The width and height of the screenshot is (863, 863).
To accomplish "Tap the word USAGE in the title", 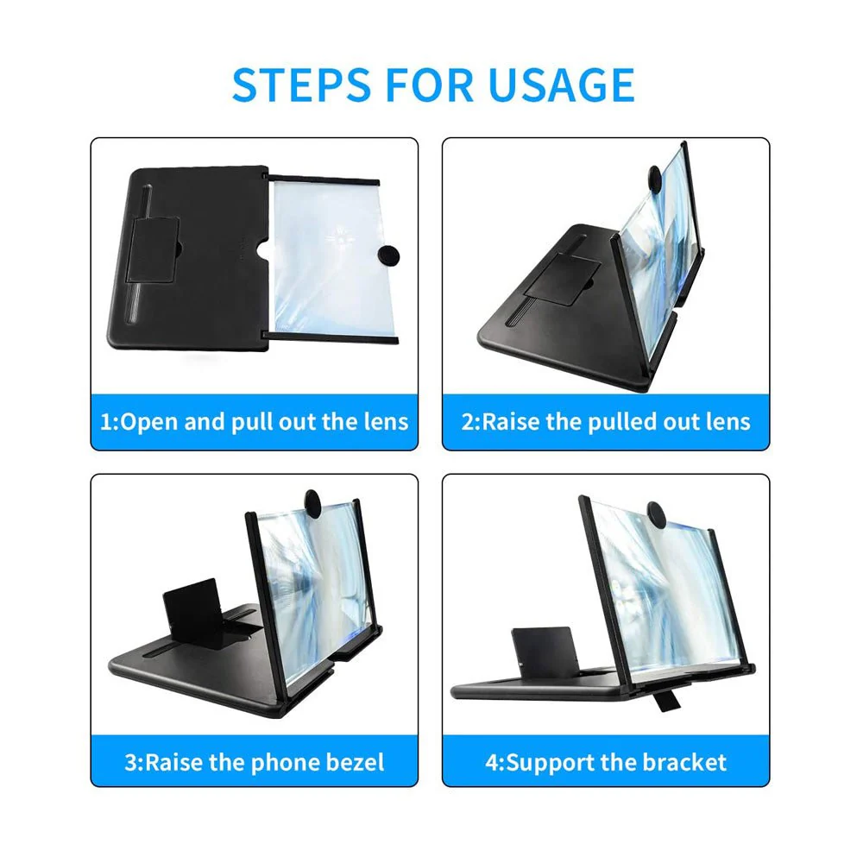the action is [x=561, y=85].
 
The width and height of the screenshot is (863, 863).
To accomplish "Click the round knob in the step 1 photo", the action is [x=388, y=256].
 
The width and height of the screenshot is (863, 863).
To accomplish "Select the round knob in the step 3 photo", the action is [x=312, y=502].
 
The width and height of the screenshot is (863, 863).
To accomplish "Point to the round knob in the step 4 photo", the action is [x=657, y=515].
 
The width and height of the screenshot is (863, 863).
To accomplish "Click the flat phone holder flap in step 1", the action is [x=153, y=250].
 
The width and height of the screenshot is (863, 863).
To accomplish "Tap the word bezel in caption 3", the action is [x=355, y=762].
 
